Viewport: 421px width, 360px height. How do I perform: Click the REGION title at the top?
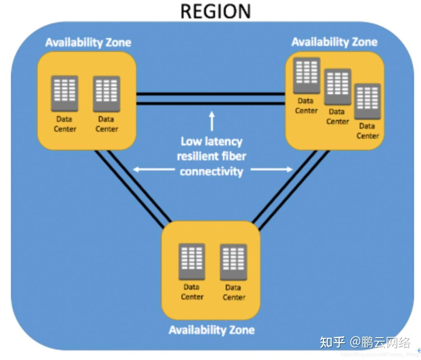click(x=216, y=11)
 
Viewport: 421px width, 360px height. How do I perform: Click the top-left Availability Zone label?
click(x=88, y=42)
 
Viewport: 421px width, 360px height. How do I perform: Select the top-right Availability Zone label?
click(x=334, y=42)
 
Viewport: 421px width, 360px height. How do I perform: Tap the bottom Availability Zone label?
click(x=212, y=330)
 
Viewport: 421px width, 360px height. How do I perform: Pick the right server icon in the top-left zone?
click(x=106, y=94)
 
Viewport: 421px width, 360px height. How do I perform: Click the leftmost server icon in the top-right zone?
click(x=307, y=76)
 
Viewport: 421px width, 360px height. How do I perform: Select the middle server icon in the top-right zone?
click(x=338, y=87)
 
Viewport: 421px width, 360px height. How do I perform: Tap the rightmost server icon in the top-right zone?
click(x=367, y=101)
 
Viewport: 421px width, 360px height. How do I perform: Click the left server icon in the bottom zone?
click(x=192, y=262)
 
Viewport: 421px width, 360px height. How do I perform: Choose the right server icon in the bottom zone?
click(x=233, y=262)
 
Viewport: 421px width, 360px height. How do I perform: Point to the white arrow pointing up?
click(x=212, y=121)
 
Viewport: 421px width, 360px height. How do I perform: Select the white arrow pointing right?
click(x=271, y=169)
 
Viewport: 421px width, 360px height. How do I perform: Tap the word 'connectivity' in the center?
click(x=212, y=172)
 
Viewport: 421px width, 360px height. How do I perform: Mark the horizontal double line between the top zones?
click(x=210, y=99)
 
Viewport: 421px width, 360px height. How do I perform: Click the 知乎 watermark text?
click(x=332, y=342)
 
